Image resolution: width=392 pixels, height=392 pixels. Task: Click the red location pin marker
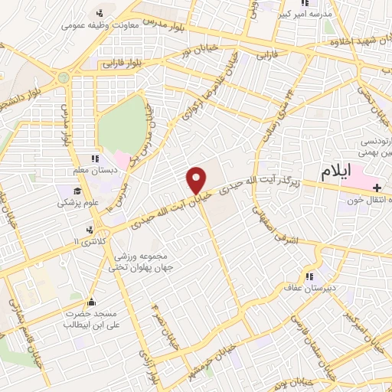tap(196, 179)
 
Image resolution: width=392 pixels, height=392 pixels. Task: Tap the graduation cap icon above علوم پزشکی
tap(77, 191)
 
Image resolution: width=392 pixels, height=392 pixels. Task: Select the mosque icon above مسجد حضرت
tap(93, 301)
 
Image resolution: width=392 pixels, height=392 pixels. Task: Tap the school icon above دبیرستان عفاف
tap(309, 276)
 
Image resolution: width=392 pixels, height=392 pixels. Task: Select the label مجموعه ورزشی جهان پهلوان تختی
tap(145, 260)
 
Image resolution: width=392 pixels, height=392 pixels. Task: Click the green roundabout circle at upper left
tap(64, 77)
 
